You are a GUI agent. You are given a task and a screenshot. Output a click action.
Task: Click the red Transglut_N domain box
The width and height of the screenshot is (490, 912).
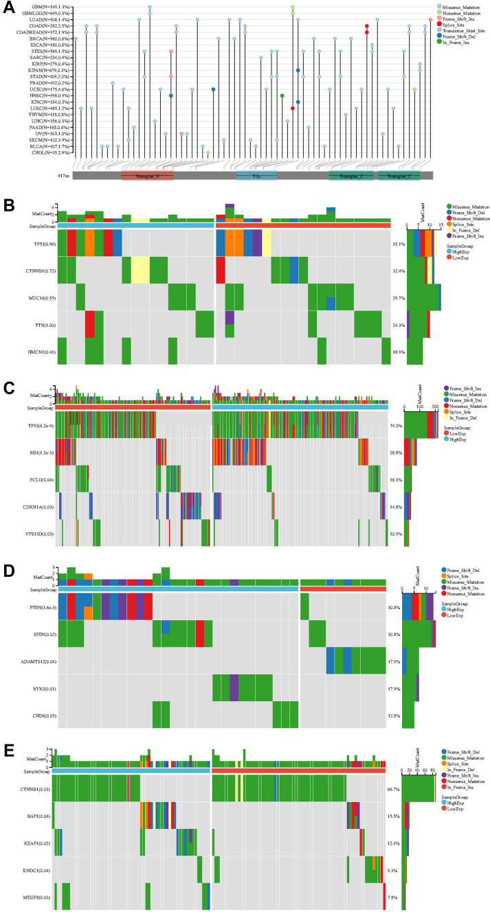148,176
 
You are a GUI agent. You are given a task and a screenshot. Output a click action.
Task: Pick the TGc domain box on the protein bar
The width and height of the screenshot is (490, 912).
256,176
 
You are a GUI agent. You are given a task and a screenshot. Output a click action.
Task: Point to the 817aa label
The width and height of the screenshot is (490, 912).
63,176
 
